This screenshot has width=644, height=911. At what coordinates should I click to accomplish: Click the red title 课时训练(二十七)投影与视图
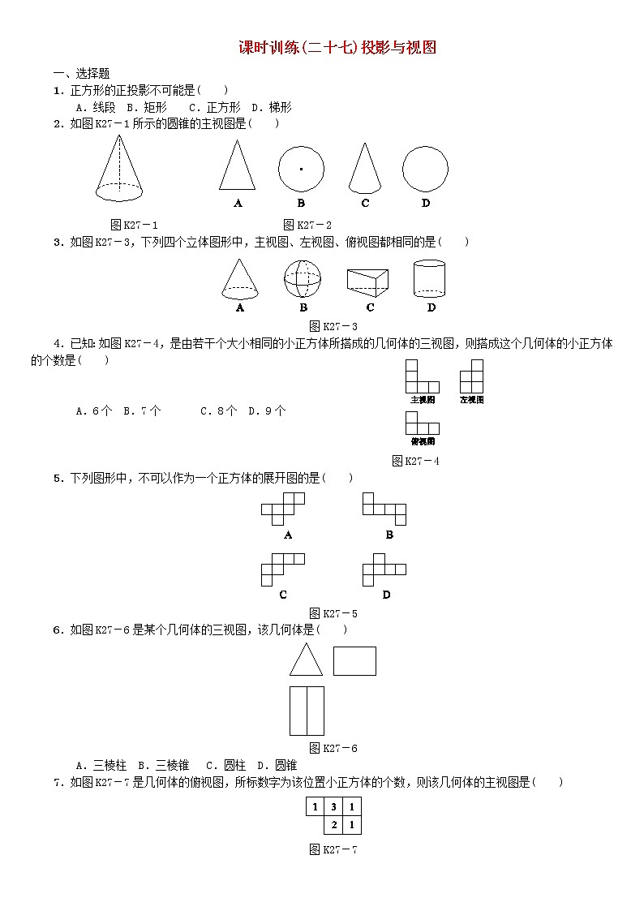(x=337, y=48)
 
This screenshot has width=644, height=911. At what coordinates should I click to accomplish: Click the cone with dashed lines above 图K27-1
(x=119, y=168)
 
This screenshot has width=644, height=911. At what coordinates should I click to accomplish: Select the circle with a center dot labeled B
(x=301, y=169)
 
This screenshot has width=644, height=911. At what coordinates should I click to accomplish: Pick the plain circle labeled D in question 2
(x=425, y=169)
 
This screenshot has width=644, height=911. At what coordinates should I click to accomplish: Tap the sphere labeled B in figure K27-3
(x=303, y=279)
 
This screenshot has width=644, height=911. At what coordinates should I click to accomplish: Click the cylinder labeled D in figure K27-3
(x=430, y=278)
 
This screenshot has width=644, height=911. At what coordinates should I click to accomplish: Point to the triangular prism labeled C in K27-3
(x=369, y=281)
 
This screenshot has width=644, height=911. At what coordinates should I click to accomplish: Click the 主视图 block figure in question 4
(x=422, y=377)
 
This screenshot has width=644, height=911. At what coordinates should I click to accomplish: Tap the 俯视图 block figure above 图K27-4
(x=422, y=423)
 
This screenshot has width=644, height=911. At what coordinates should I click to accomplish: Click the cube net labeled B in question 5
(x=384, y=507)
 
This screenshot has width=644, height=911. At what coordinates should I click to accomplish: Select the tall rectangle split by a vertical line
(x=307, y=711)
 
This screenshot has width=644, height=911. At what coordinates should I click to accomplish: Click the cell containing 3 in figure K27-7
(x=333, y=807)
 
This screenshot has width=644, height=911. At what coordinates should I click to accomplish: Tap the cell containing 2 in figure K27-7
(x=333, y=825)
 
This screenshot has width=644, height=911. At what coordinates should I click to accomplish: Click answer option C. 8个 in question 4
(x=218, y=410)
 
